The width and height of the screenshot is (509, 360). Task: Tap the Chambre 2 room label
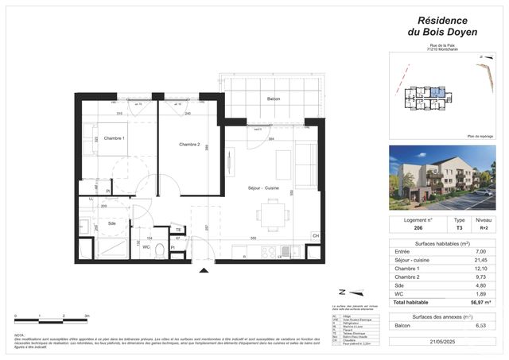[x=190, y=144]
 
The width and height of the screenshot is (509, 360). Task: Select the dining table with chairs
[x=273, y=212]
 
